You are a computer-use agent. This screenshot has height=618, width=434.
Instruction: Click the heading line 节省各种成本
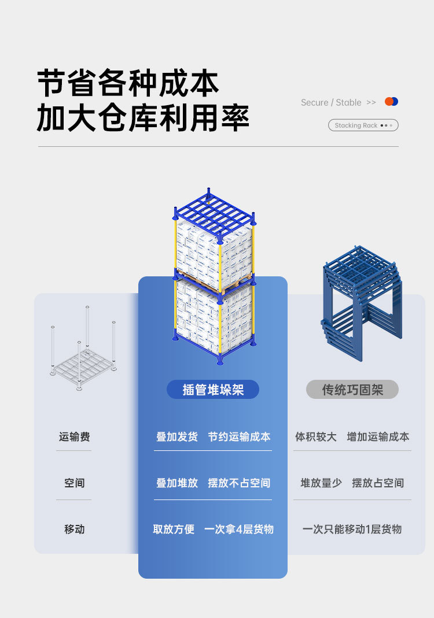[128, 83]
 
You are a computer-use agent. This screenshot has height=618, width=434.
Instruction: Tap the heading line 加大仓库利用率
[143, 117]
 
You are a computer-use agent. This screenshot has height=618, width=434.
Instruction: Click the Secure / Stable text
[331, 102]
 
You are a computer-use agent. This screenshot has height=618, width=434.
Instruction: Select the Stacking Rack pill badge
[363, 125]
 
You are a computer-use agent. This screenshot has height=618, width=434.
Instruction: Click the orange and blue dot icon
[392, 102]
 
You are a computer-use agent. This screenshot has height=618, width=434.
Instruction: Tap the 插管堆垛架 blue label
[213, 390]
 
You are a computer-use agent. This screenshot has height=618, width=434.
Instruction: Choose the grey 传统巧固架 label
[352, 390]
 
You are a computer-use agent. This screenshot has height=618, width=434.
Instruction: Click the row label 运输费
[74, 436]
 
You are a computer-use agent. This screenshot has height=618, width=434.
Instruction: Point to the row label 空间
[74, 483]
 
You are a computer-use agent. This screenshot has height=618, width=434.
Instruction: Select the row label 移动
[74, 529]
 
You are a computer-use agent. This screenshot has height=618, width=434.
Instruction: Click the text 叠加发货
[176, 436]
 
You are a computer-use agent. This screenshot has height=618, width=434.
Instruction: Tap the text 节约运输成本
[239, 436]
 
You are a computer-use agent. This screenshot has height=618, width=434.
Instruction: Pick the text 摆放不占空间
[239, 483]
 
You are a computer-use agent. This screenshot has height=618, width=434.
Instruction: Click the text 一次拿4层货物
[238, 529]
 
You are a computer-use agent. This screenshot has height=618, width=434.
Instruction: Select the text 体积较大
[316, 436]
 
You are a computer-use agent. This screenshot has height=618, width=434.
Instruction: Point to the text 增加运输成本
[378, 436]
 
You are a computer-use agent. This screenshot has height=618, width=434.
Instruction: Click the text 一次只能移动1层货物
[352, 529]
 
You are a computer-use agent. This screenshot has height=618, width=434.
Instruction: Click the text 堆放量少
[321, 483]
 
